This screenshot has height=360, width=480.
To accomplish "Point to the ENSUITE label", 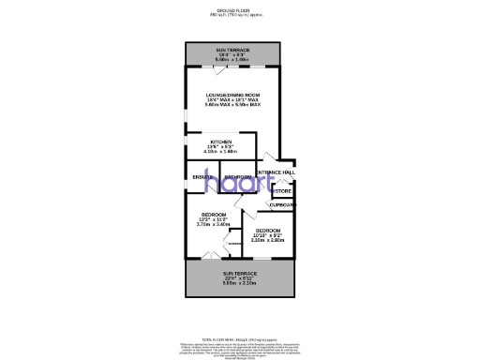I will coord(202,177).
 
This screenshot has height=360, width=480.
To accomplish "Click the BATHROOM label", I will coord(239,177).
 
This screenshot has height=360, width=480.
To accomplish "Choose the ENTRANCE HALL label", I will coord(277,172).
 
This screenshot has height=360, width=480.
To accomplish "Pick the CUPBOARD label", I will coord(283,204).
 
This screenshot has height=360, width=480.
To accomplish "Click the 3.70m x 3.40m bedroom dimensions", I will coord(213,225).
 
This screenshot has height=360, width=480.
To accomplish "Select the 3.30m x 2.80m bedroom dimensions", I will coord(268,241).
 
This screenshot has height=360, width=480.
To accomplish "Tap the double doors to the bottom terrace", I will coord(212,256).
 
